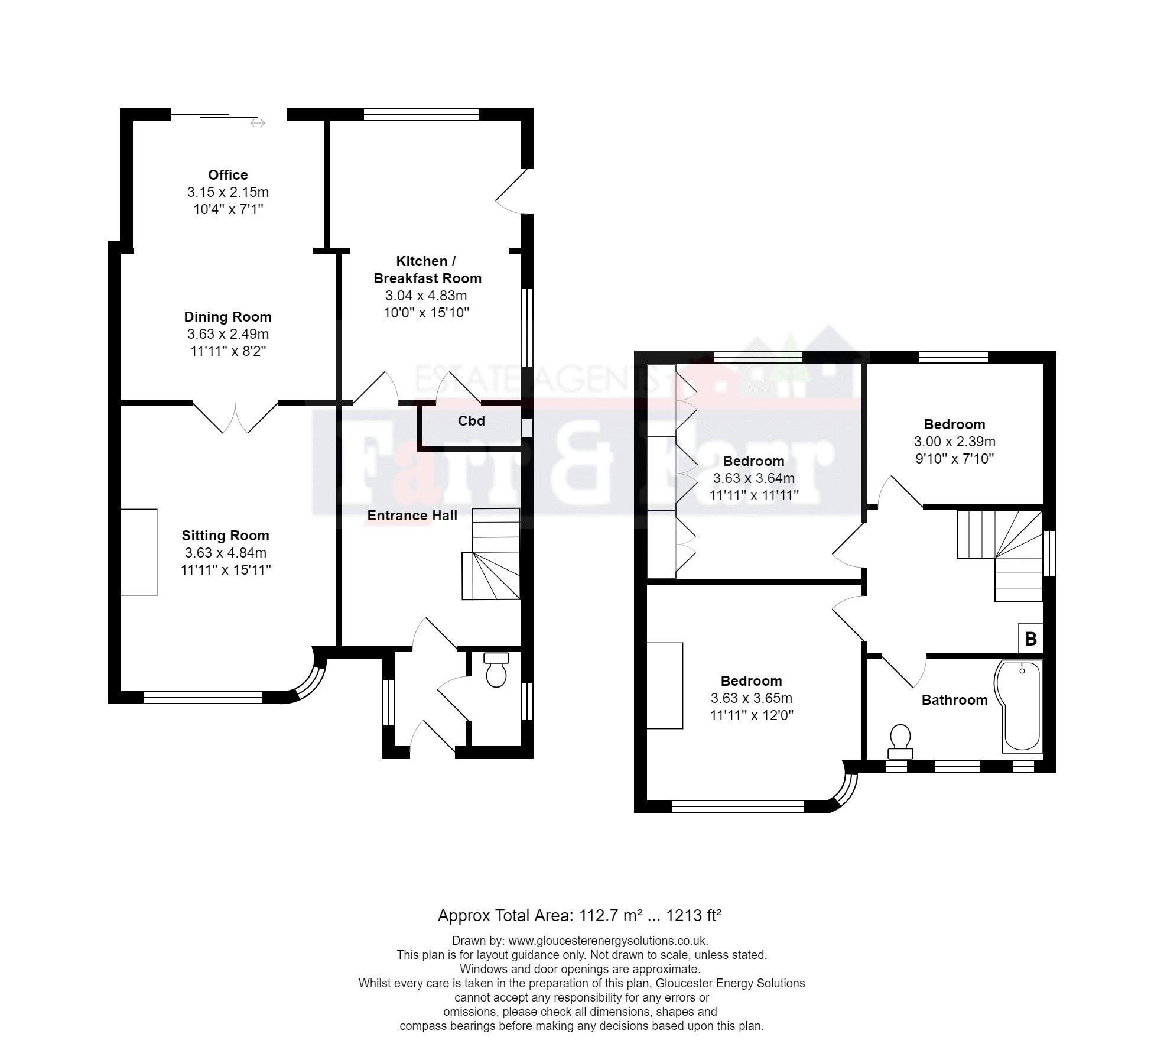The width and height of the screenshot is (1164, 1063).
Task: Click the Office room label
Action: click(x=227, y=175)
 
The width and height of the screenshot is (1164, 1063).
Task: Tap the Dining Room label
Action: click(x=227, y=317)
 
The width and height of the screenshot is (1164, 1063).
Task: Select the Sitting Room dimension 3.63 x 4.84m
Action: click(x=225, y=553)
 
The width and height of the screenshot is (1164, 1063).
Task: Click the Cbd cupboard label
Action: click(x=471, y=421)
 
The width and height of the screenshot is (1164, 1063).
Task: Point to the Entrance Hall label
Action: click(x=412, y=516)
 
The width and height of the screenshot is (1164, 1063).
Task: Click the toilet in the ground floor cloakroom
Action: click(x=496, y=670)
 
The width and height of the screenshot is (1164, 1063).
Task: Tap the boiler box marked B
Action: click(x=1030, y=639)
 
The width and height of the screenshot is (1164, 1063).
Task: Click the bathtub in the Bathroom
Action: click(x=1020, y=707)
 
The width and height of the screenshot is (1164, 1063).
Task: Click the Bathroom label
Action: click(x=954, y=700)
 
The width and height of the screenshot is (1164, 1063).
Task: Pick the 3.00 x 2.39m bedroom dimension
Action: click(x=954, y=442)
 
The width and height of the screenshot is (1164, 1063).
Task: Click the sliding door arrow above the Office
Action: click(x=258, y=123)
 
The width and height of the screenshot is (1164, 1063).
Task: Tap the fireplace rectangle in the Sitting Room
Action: click(x=139, y=552)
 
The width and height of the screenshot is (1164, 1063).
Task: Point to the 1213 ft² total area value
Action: click(x=694, y=916)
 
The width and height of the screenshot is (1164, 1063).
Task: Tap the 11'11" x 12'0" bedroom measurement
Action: click(x=751, y=715)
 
